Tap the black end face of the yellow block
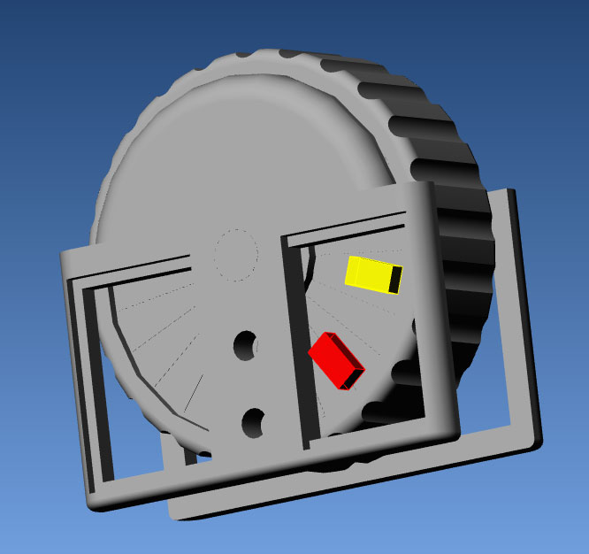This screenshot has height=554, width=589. pos(396,280)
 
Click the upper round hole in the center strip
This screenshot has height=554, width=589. pos(246,345)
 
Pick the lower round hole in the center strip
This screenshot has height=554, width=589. pos(255,423)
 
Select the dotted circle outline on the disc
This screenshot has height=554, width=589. pos(235,255)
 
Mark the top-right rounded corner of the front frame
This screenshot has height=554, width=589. pos(430,188)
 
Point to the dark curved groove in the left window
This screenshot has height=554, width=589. pos(124,354)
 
